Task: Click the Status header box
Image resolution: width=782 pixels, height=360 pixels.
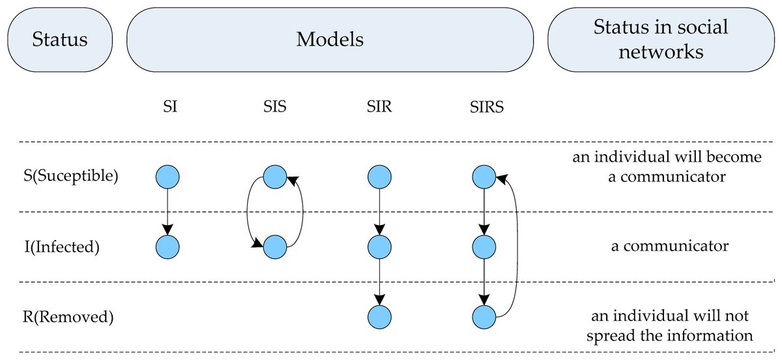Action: [60, 40]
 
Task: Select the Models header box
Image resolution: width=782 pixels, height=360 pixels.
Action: [330, 40]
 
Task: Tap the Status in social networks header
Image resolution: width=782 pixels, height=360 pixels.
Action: [660, 40]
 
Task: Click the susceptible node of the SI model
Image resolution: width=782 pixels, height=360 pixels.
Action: [168, 176]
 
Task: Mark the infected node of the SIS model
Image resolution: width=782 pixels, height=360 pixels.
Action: [274, 247]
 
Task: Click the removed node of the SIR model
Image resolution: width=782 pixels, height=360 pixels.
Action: [379, 317]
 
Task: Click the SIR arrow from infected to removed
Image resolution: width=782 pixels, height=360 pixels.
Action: [379, 282]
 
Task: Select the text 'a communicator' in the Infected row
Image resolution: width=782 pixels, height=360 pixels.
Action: [669, 247]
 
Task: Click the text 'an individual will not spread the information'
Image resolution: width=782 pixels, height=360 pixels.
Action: [670, 325]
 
